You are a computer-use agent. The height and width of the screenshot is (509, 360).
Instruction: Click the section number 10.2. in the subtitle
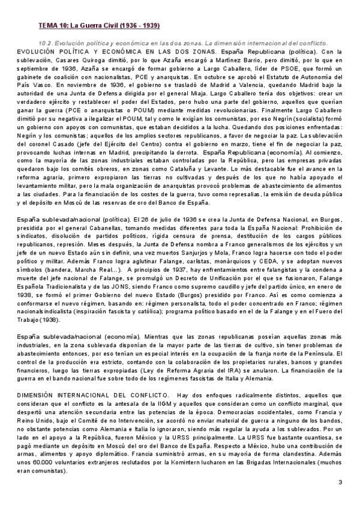(46, 43)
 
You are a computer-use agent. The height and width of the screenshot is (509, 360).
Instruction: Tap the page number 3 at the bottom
(340, 483)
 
